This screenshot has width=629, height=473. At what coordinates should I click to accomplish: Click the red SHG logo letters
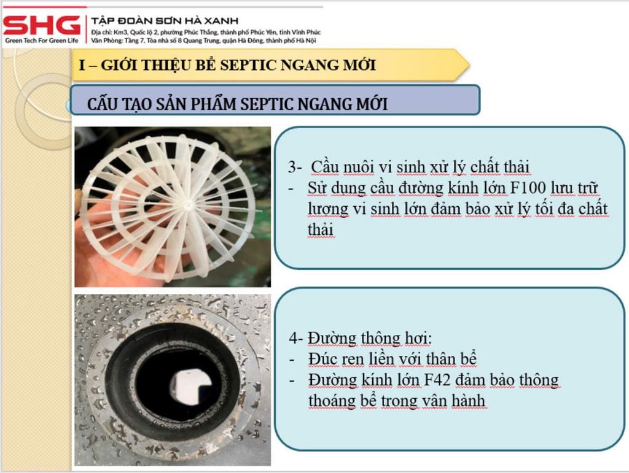click(x=42, y=25)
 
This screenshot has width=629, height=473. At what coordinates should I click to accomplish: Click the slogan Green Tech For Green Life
click(x=42, y=41)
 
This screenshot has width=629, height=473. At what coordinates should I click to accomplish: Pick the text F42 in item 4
click(x=440, y=380)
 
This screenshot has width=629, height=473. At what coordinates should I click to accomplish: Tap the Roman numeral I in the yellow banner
click(x=82, y=65)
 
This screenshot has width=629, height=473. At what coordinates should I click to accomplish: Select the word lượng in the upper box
click(x=327, y=209)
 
